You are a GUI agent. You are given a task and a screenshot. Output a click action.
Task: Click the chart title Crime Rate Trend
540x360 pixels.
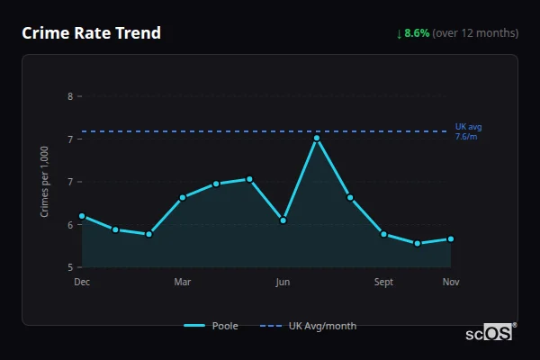(x=91, y=33)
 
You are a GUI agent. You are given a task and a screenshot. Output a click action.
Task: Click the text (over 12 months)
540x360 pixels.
(x=475, y=33)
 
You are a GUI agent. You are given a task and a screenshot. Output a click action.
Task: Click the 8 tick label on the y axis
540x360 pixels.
(x=70, y=96)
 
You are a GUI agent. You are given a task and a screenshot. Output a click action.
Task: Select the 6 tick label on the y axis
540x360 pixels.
(x=70, y=225)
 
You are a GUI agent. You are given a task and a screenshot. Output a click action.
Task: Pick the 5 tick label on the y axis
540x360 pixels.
(x=70, y=267)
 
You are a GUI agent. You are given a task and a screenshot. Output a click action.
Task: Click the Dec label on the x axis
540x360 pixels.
(x=82, y=283)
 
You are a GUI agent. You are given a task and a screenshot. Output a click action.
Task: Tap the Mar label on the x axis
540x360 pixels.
(x=183, y=283)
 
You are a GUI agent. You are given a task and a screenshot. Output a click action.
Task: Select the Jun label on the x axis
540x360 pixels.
(x=283, y=283)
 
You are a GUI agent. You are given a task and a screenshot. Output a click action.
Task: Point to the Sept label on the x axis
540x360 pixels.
(x=383, y=283)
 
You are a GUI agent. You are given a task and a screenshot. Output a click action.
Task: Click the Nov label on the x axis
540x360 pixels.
(x=451, y=283)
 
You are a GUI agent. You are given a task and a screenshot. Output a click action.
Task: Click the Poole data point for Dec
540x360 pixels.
(x=82, y=216)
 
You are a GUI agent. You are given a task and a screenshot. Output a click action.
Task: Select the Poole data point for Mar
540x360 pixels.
(x=183, y=197)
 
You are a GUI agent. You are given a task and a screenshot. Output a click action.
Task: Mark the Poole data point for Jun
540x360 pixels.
(x=283, y=220)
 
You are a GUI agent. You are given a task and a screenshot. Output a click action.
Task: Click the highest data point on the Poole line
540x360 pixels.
(x=317, y=138)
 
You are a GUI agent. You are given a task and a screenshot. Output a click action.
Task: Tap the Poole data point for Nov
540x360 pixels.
(x=451, y=238)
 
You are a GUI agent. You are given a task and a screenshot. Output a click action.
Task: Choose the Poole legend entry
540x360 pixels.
(x=211, y=326)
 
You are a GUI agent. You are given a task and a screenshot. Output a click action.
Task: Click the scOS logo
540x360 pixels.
(x=490, y=332)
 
